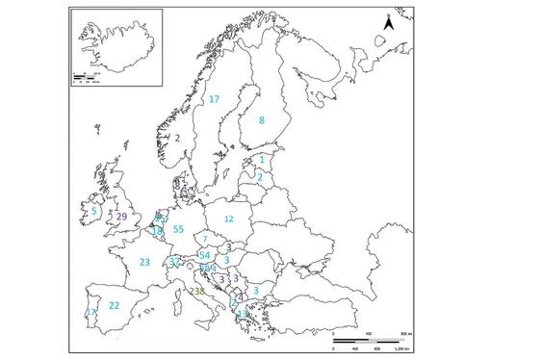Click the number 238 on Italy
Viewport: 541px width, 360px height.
pyautogui.click(x=197, y=291)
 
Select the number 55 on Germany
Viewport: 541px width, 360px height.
pyautogui.click(x=178, y=229)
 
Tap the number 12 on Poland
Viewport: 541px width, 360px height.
pyautogui.click(x=228, y=219)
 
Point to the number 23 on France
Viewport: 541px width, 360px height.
pyautogui.click(x=144, y=262)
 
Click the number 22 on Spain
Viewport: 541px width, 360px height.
pyautogui.click(x=114, y=305)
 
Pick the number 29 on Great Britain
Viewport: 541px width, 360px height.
pyautogui.click(x=121, y=217)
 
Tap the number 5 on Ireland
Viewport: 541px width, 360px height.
pyautogui.click(x=94, y=212)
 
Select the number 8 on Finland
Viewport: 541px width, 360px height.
pyautogui.click(x=261, y=120)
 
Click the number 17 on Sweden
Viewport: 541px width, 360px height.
pyautogui.click(x=214, y=99)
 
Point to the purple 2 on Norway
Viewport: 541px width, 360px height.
pyautogui.click(x=177, y=137)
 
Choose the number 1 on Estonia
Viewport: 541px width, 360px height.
pyautogui.click(x=262, y=160)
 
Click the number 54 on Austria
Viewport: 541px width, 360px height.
pyautogui.click(x=204, y=254)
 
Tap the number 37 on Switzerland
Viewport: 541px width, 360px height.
pyautogui.click(x=174, y=262)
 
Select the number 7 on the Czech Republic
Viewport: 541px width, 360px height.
pyautogui.click(x=205, y=239)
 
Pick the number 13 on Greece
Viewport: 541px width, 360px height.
pyautogui.click(x=242, y=314)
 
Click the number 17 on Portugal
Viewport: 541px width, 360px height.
pyautogui.click(x=91, y=313)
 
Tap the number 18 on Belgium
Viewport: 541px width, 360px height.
pyautogui.click(x=158, y=232)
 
